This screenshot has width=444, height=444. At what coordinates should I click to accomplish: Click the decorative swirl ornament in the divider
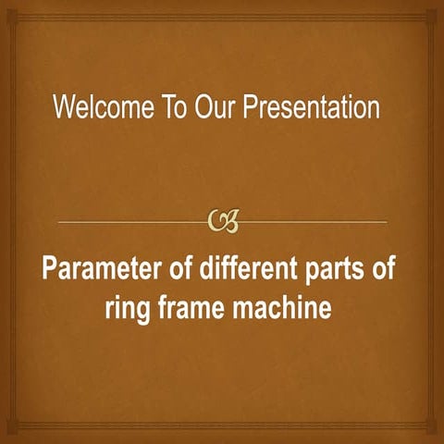click(223, 221)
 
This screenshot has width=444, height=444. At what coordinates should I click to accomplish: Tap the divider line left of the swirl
click(129, 222)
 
